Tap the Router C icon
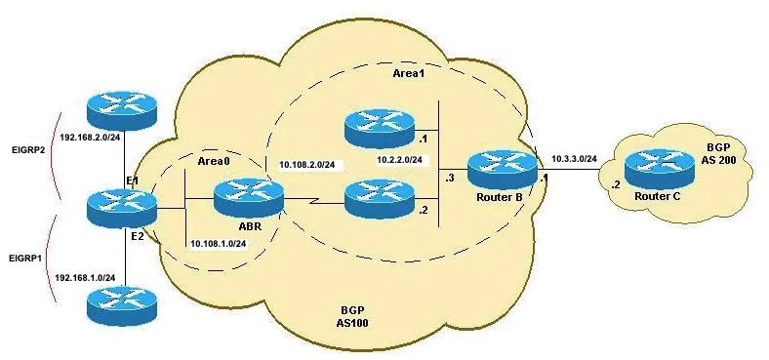coord(659,171)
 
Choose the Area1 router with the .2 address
coord(379,200)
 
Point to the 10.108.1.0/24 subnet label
coord(219,244)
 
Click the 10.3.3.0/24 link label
coord(574,158)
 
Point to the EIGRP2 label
coord(28,150)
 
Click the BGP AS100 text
coord(353,317)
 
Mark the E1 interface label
coord(132,181)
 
